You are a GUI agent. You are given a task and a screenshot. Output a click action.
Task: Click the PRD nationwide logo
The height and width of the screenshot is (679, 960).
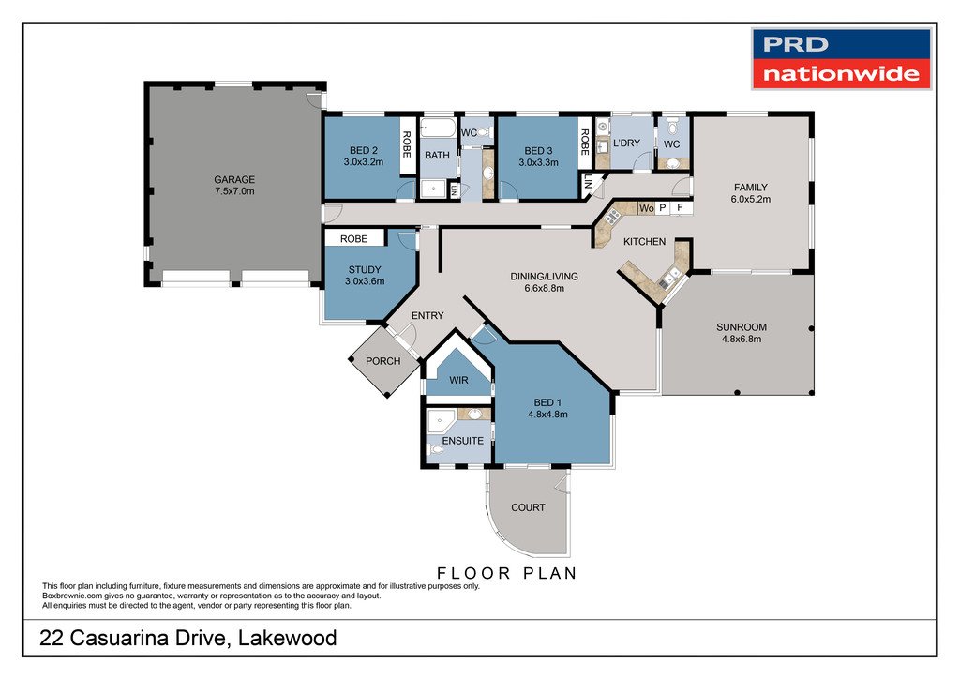[x=841, y=59]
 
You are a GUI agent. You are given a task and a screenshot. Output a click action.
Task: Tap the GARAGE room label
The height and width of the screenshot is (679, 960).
[x=234, y=179]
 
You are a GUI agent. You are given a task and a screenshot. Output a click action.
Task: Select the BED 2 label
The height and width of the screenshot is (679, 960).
[x=364, y=150]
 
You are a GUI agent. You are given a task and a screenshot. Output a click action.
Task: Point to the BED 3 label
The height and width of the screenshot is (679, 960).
[x=538, y=151]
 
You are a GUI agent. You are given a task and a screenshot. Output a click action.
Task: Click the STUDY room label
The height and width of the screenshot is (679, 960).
[x=365, y=269]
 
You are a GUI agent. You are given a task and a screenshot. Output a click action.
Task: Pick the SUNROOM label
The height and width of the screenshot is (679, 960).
[x=742, y=327]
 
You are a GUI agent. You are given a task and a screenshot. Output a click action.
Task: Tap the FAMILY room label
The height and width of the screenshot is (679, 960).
[x=751, y=188]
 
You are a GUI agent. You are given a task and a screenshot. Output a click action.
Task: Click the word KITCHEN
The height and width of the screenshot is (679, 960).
[x=645, y=242]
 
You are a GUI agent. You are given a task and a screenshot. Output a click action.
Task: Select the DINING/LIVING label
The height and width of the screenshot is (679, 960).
[x=545, y=276]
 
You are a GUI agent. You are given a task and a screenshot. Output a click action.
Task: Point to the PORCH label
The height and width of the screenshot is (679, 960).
[x=383, y=361]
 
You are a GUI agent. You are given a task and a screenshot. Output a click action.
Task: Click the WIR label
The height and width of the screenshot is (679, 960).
[x=458, y=380]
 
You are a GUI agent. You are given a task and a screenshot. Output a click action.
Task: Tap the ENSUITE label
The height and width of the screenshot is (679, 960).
[x=463, y=441]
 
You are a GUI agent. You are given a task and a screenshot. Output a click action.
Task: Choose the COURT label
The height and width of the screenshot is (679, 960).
[x=529, y=507]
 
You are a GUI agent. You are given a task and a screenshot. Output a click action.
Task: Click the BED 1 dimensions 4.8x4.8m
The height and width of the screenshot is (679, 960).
[x=547, y=414]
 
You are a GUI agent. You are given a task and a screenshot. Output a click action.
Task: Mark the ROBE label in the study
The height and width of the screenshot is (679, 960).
[x=353, y=239]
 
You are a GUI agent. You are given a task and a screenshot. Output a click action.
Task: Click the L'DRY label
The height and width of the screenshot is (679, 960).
[x=626, y=143]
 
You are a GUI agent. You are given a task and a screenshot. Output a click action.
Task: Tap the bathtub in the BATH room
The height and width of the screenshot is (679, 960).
[x=439, y=128]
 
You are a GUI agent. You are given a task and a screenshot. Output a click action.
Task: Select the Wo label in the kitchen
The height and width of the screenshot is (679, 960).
[x=647, y=208]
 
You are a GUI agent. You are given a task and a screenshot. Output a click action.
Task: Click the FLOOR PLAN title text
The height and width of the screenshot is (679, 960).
[x=507, y=574]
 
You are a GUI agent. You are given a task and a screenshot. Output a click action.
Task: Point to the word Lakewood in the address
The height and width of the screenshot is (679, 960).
[x=287, y=638]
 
